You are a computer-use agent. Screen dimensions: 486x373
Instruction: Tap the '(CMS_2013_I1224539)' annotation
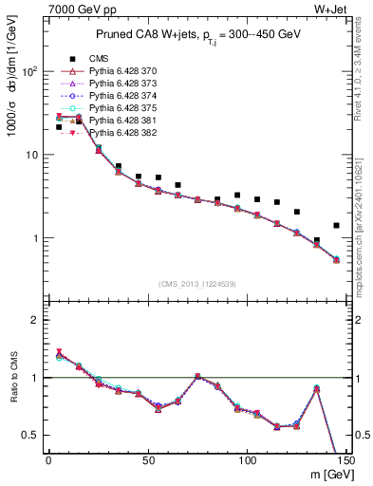point(196,283)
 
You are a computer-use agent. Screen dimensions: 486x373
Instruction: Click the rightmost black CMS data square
point(337,226)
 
